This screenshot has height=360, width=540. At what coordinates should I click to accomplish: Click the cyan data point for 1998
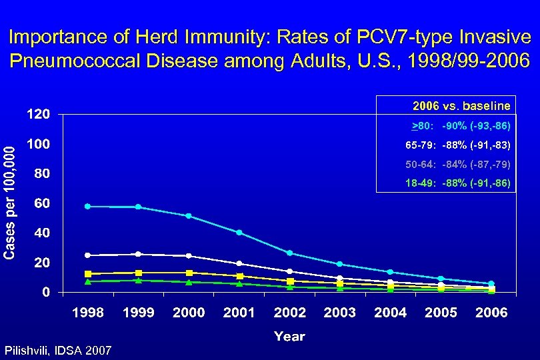coord(87,207)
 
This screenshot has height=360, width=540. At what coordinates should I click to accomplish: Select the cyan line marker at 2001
coord(239,233)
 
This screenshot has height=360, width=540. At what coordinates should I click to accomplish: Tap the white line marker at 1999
coord(138,254)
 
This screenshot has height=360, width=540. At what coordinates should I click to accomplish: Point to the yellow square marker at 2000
coord(189,273)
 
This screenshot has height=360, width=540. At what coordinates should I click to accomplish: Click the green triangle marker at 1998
coord(87,281)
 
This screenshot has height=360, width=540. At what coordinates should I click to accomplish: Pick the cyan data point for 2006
coord(491,284)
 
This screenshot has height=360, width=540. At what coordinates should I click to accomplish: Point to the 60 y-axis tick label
coord(41,203)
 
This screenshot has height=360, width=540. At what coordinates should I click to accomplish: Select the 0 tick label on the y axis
coord(45,292)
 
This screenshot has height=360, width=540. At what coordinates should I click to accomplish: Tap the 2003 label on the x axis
coord(340,312)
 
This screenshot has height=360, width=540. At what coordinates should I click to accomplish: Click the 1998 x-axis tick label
coord(88,312)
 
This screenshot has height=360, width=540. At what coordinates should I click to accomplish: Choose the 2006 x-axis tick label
coord(491,312)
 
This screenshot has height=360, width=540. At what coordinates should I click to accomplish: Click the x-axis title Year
coord(289,337)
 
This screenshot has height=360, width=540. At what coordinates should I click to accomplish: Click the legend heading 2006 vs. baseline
coord(461,106)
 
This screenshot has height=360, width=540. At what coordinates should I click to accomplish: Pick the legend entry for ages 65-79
coord(457,145)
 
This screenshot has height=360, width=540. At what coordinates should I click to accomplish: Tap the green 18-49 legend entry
coord(457,182)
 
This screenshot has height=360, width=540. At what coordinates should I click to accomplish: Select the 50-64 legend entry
coord(457,163)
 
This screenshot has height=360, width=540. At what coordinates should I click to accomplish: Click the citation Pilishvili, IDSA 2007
coord(58,350)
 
